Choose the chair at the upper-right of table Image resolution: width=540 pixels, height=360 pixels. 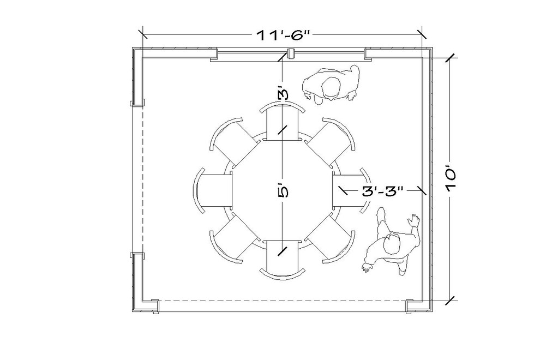click(332, 142)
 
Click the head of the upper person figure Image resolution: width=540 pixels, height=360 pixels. click(331, 87)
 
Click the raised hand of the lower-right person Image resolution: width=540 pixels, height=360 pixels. click(415, 220)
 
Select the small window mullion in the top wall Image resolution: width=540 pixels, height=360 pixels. click(291, 53)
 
